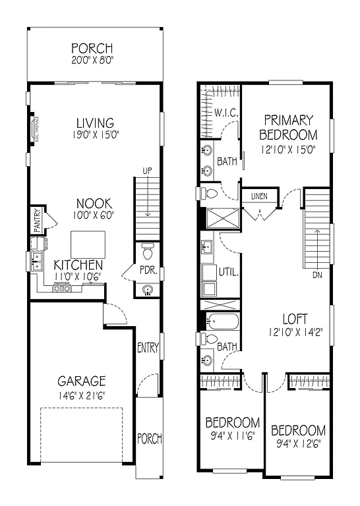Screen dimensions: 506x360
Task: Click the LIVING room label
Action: (94, 123)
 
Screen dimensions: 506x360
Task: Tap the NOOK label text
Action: (94, 204)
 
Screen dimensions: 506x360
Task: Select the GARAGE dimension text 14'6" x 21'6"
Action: (81, 395)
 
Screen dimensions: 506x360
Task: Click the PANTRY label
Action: (37, 220)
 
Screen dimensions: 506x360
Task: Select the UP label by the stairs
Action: (147, 171)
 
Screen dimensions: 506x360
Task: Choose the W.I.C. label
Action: (226, 113)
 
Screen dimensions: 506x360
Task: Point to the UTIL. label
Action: (228, 271)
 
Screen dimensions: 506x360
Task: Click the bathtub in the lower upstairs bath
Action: (222, 321)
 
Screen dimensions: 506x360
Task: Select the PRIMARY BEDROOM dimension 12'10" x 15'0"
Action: (287, 149)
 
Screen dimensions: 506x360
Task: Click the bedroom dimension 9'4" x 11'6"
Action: (231, 436)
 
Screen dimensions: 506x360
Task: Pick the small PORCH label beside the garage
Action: (149, 438)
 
